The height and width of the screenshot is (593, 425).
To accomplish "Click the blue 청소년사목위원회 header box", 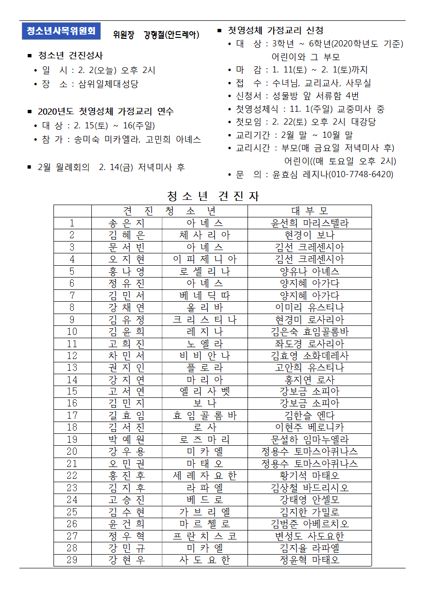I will click(x=61, y=31).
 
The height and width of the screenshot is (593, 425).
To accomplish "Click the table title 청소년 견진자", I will click(x=213, y=196).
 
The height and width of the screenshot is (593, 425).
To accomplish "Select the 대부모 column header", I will click(x=310, y=211).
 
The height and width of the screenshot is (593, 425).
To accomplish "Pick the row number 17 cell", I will click(x=72, y=415).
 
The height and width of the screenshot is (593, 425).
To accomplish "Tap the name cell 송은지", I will click(x=126, y=223).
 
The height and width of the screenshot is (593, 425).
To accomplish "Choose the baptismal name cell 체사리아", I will click(x=204, y=235).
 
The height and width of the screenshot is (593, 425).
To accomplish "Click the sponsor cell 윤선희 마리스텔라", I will click(x=310, y=223).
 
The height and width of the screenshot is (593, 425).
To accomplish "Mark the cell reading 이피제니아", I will click(x=204, y=259).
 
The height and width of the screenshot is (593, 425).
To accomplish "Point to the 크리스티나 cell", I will click(x=204, y=319).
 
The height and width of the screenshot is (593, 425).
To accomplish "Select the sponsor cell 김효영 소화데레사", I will click(x=310, y=356).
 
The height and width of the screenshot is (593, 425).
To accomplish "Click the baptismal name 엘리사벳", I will click(x=204, y=392).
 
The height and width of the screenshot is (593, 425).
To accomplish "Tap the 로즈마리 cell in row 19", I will click(x=204, y=440).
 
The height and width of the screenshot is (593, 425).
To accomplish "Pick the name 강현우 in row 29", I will click(x=126, y=560).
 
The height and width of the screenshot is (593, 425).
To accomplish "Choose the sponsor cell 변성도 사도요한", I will click(x=310, y=536).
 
